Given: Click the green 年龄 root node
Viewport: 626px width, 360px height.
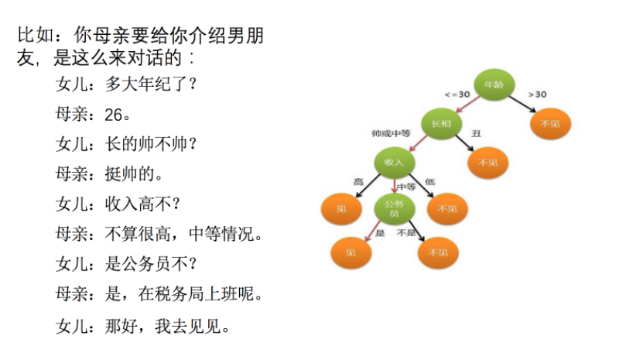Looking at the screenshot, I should tap(494, 84).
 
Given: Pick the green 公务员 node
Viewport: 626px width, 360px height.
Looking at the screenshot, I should tap(394, 208).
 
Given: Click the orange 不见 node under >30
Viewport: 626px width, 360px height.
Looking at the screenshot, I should tap(550, 123).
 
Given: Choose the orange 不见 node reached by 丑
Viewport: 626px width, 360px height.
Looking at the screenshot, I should tap(488, 163).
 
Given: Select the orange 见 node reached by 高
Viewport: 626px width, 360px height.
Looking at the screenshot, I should tap(341, 208).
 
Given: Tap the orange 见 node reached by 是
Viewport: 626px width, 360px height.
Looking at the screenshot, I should tap(351, 252).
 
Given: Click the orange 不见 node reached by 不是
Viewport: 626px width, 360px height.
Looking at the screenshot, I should tap(439, 252).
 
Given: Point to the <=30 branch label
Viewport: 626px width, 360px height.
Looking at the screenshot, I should tap(457, 94).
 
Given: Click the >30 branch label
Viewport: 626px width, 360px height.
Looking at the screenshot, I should tap(537, 94).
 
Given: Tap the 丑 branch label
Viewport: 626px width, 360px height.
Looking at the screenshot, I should tap(476, 134).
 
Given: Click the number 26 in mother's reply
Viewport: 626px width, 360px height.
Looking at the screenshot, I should tap(114, 115).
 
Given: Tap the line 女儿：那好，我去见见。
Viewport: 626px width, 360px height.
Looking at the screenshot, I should tap(143, 325).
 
